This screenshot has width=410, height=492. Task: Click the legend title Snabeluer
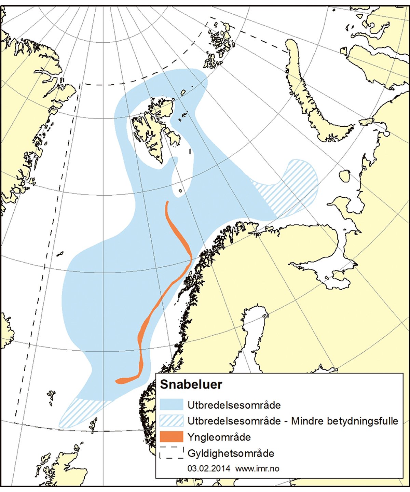(x=191, y=384)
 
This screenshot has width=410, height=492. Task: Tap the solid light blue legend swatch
(x=171, y=405)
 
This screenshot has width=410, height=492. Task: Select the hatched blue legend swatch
(x=171, y=421)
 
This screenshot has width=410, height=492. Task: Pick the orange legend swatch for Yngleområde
(x=171, y=437)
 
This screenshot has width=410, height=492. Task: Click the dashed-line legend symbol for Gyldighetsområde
(x=171, y=453)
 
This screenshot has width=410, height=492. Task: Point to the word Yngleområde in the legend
(x=219, y=437)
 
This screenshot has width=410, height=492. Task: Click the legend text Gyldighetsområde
(x=231, y=453)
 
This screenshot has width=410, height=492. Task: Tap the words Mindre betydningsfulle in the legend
(x=344, y=421)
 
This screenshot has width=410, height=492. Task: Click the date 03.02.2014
(x=208, y=468)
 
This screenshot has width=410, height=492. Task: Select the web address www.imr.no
(x=257, y=468)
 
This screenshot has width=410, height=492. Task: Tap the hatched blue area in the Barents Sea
(x=290, y=188)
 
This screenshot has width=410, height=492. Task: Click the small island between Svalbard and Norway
(x=180, y=191)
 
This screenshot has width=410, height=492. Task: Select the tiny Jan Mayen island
(x=60, y=254)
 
